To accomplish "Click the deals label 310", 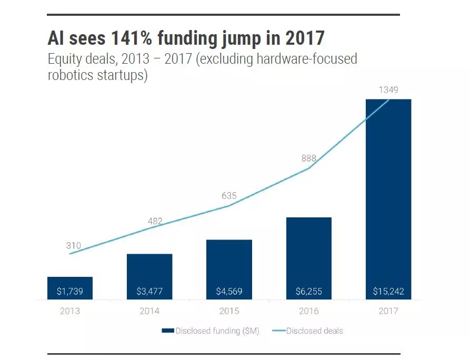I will coord(74,246).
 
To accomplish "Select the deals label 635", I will coord(229,196).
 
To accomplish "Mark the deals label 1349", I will coord(388,90).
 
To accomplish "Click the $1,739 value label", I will coord(70,291).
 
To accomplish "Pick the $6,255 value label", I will coord(308,291).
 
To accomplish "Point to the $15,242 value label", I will coord(388,291).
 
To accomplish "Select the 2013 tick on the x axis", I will coord(70,311).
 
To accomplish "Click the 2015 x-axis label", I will coord(229,311).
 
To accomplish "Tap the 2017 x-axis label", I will coord(388,311).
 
